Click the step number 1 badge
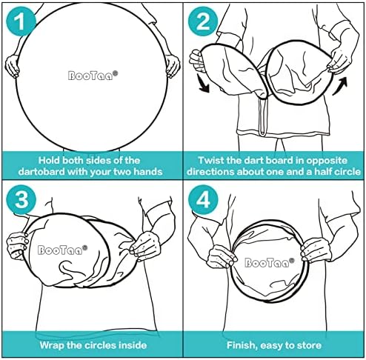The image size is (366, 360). click(21, 21)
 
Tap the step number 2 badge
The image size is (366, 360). click(202, 21)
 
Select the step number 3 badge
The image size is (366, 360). click(21, 199)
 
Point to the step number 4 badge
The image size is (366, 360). click(203, 199)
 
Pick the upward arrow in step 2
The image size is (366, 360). click(340, 86)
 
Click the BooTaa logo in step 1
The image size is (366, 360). click(93, 75)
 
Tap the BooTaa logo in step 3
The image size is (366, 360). click(62, 250)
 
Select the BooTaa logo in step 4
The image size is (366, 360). click(270, 263)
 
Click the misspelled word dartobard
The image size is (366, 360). click(41, 172)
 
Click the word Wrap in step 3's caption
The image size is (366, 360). click(52, 345)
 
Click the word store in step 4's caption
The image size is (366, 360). click(309, 345)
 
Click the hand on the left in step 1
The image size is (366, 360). click(13, 66)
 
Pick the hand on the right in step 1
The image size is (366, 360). click(173, 66)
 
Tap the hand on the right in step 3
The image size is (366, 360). click(144, 246)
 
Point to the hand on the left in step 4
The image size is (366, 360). click(222, 257)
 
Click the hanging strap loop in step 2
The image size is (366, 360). click(262, 116)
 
